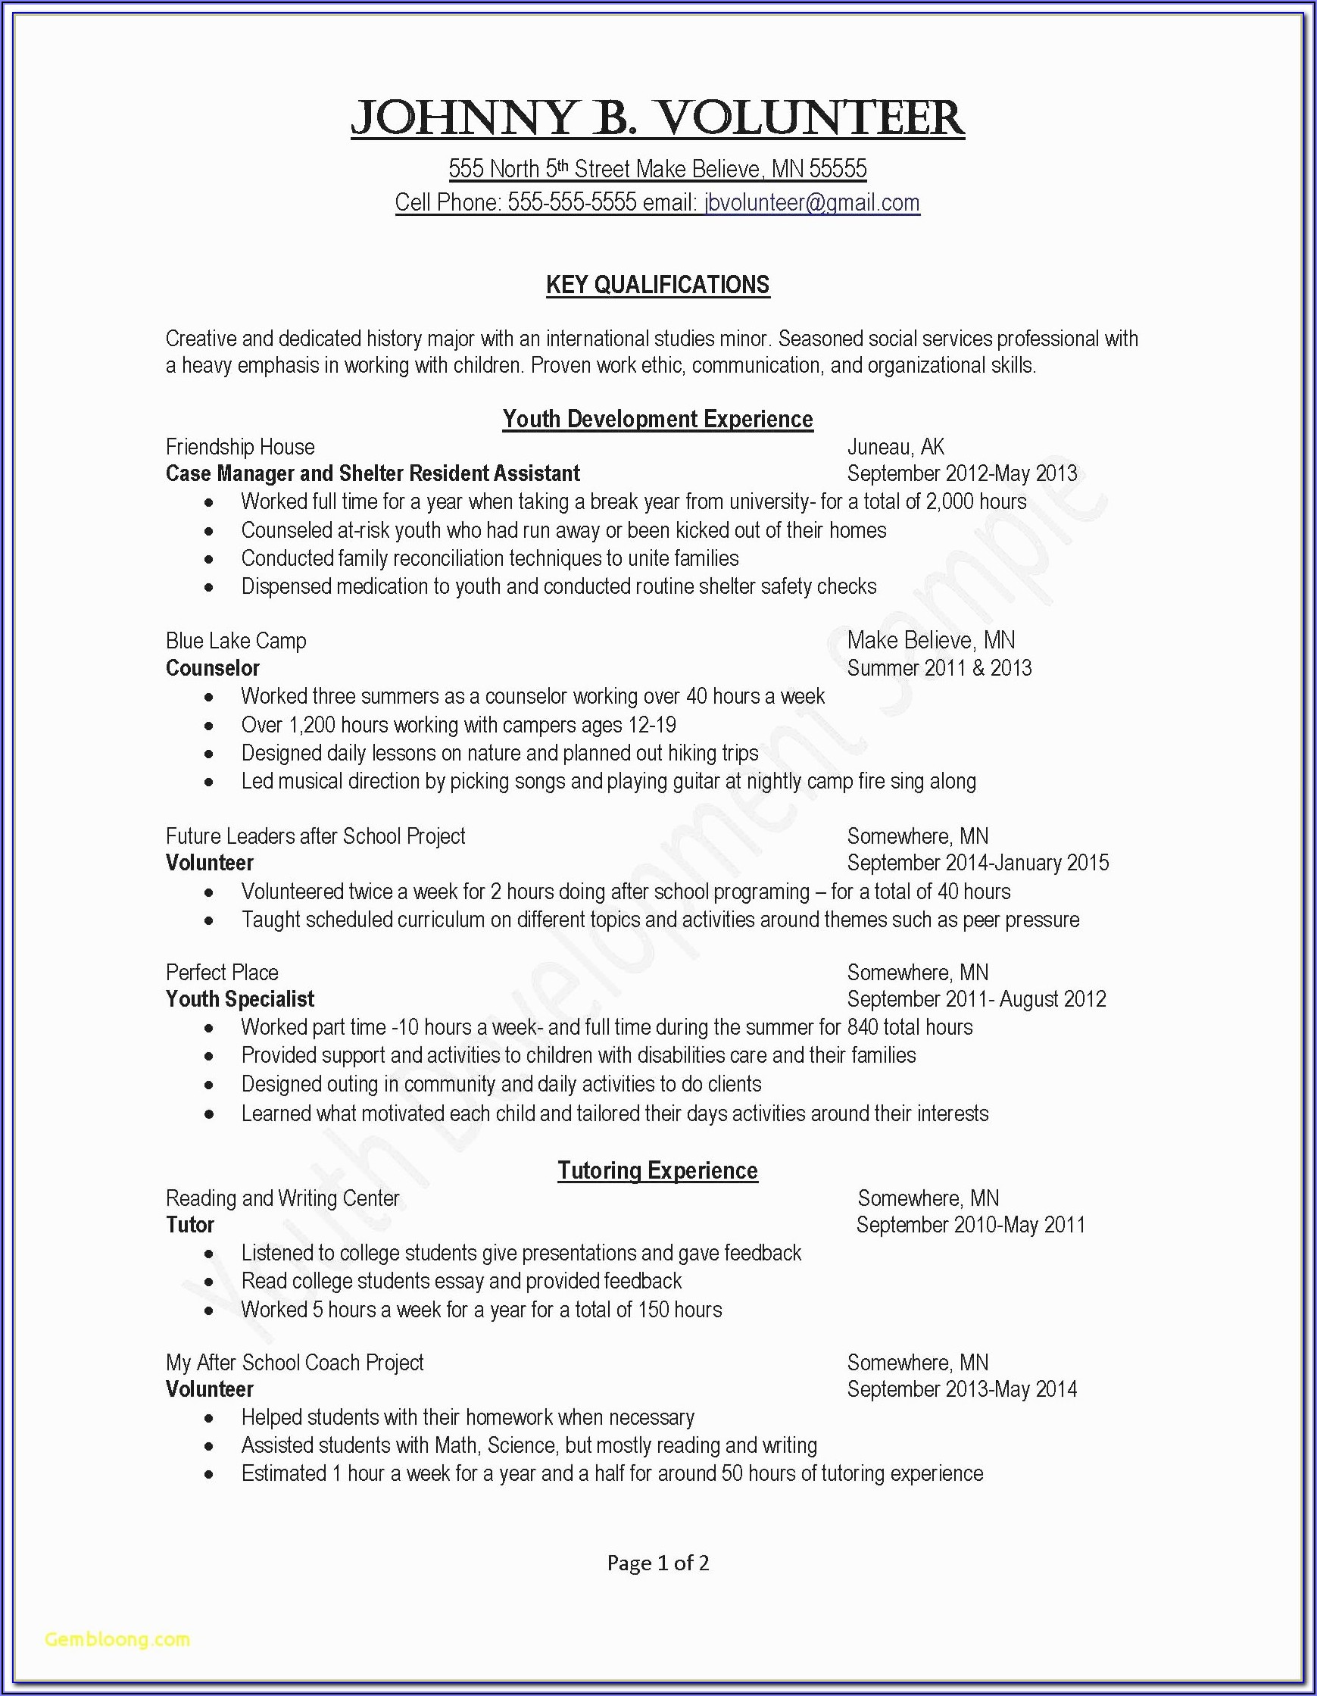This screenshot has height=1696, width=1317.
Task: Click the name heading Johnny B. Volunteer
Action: pos(657,119)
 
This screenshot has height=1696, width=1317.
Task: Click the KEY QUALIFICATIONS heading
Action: pos(657,285)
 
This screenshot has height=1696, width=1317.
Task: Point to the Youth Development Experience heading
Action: pos(657,420)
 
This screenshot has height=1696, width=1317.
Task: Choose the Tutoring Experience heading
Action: pos(657,1170)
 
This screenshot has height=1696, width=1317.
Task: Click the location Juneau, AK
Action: pos(895,446)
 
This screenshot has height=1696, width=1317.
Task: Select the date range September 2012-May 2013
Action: pos(961,473)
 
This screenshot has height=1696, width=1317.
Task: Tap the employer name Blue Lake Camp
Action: pos(236,641)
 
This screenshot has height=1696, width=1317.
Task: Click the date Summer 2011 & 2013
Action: pos(939,668)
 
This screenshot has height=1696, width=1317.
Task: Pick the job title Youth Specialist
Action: pos(240,999)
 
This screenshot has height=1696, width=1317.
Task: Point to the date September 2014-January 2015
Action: pos(978,863)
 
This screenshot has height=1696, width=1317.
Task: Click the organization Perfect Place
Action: pos(222,973)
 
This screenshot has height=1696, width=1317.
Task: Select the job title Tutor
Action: pos(190,1225)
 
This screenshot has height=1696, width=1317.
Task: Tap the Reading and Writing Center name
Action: pos(282,1198)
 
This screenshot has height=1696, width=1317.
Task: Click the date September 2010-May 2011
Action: pos(971,1225)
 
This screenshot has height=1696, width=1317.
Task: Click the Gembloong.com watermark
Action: pos(117,1639)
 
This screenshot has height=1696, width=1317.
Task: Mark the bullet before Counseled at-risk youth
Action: pos(209,531)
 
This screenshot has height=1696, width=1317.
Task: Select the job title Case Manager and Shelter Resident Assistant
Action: pos(373,473)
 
